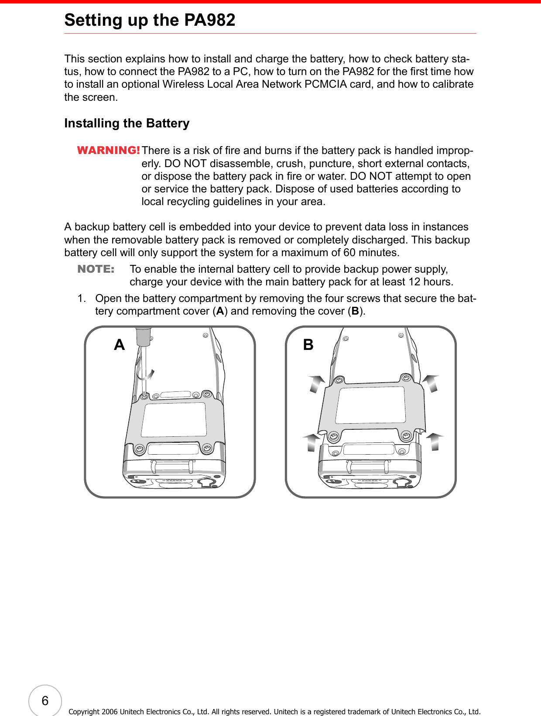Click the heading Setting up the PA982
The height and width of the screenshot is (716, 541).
pos(150,20)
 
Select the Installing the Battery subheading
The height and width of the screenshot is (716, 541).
pos(127,123)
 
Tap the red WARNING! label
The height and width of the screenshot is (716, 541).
pos(108,150)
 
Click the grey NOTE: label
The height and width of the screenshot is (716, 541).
pos(96,269)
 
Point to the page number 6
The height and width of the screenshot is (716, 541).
pos(45,701)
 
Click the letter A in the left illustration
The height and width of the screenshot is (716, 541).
pos(120,345)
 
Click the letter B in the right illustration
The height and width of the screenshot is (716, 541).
pos(308,345)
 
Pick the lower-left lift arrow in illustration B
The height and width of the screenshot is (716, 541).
pos(312,442)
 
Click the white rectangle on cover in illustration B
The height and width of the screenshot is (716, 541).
pos(371,405)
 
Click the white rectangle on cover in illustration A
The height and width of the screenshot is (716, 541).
pos(175,419)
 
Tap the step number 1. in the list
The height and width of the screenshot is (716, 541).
pos(82,298)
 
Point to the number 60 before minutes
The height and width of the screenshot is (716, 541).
pos(349,253)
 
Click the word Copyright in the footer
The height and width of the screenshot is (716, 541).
pos(84,712)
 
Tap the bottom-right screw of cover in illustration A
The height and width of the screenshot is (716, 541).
pos(207,448)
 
